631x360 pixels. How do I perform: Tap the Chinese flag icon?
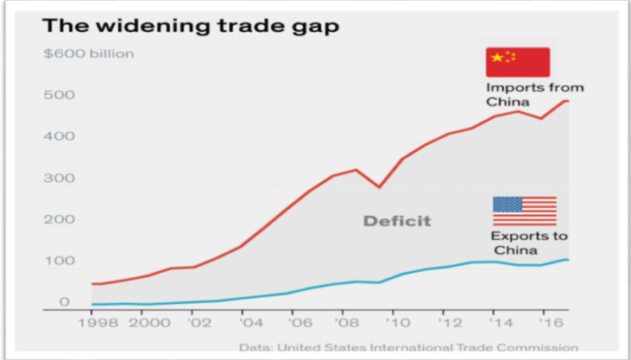coord(517,61)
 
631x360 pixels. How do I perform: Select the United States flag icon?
coord(524,211)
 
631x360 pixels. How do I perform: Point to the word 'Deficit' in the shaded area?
coord(396,221)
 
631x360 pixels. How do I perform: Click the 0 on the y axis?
coord(64,302)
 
